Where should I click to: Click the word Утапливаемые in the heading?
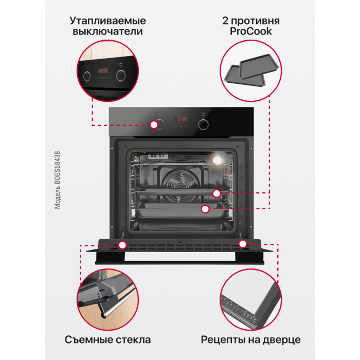pos(107,21)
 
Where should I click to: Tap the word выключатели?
pos(107,31)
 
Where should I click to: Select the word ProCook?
pos(251,31)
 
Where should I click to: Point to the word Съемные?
pos(88,340)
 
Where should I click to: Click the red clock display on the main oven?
pos(181,119)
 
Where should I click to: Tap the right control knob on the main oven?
pos(203,124)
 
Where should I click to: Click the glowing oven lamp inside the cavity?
pos(217,159)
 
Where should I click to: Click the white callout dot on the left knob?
pos(154,125)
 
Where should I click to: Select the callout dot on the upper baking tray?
pos(217,193)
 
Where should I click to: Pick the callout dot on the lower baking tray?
pos(205,209)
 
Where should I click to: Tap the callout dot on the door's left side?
pos(122,245)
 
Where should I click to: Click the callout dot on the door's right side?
pos(243,244)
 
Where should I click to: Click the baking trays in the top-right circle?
pos(251,70)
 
